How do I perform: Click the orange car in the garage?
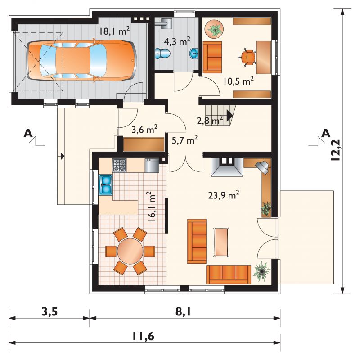[82, 61]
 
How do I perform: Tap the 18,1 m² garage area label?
[115, 31]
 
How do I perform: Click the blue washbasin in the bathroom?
[193, 54]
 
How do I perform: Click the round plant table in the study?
[214, 29]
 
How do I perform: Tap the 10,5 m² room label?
[238, 81]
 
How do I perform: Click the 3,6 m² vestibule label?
[144, 129]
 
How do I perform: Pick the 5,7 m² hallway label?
[185, 140]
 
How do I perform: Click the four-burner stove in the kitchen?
[119, 165]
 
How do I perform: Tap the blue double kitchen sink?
[106, 185]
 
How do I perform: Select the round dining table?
[130, 251]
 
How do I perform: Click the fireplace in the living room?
[227, 167]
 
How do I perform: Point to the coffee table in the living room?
[221, 242]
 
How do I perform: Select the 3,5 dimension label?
[49, 312]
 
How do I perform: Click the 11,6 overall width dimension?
[143, 336]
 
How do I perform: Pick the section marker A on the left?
[28, 133]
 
